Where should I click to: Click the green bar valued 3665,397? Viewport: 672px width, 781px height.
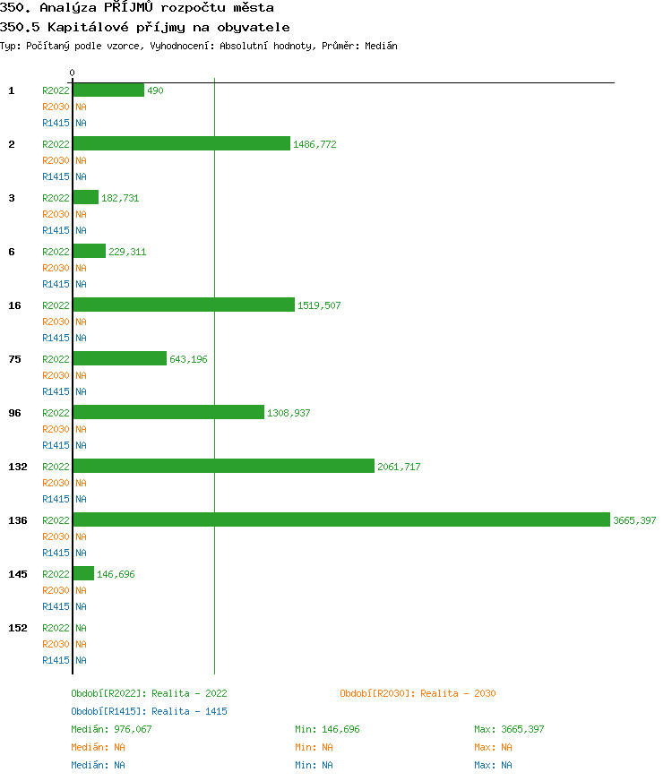(x=340, y=519)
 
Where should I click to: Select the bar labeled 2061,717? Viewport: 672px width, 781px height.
(x=223, y=466)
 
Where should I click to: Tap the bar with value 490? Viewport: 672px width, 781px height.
(x=108, y=90)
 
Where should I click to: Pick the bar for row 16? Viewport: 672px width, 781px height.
(x=184, y=305)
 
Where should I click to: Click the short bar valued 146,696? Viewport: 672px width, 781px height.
(x=83, y=573)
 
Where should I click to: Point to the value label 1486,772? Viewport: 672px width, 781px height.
(x=314, y=144)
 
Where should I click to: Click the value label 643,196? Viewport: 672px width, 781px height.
(x=188, y=359)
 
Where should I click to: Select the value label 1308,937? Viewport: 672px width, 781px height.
(x=289, y=413)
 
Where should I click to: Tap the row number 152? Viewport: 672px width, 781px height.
(x=18, y=628)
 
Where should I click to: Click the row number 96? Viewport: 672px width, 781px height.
(x=14, y=413)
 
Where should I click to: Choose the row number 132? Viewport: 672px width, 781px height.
(x=18, y=467)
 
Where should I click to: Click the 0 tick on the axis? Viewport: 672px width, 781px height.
(x=73, y=73)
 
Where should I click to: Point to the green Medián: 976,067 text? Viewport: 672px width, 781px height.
(x=112, y=729)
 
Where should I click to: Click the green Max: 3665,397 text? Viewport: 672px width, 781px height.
(x=509, y=729)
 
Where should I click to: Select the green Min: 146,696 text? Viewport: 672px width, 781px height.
(x=327, y=729)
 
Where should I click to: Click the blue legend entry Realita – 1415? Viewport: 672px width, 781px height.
(x=149, y=711)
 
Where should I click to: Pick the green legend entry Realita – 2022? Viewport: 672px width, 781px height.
(x=149, y=693)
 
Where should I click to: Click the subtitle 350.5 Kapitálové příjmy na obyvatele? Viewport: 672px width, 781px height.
(x=145, y=27)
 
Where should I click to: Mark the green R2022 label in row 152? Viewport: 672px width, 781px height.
(x=56, y=628)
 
